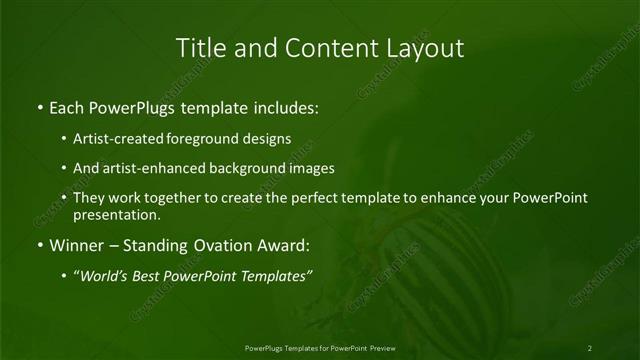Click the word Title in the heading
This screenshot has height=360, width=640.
(x=200, y=47)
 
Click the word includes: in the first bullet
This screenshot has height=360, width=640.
(x=283, y=105)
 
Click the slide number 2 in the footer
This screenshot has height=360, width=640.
(x=590, y=347)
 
